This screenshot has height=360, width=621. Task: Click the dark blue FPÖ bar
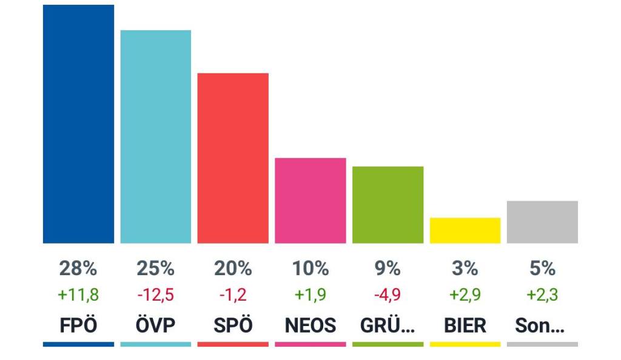coord(78,124)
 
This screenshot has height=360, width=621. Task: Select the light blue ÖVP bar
coord(156,137)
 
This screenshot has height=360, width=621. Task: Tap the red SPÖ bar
coord(233,158)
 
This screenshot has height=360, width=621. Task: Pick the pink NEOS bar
coord(310,201)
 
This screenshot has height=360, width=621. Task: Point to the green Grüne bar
coord(388,205)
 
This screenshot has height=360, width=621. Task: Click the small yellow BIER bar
coord(465,230)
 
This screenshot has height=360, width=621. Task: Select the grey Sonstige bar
coord(542,222)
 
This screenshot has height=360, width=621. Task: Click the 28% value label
coord(78,268)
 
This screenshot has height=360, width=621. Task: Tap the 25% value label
coord(156,268)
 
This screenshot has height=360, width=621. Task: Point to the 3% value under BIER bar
coord(465,268)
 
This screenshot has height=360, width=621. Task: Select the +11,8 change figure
coord(78,295)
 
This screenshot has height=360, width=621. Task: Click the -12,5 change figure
coord(156,295)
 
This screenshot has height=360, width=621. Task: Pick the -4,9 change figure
coord(388,295)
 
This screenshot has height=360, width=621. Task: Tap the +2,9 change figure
coord(465,295)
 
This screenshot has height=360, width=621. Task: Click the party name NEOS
coord(310,325)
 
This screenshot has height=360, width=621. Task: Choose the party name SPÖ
coord(233,325)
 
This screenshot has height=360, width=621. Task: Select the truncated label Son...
coord(540,325)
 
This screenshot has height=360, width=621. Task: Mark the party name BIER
coord(465,325)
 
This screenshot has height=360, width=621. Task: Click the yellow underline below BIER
coord(465,344)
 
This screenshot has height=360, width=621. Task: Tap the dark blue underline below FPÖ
coord(78,344)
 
